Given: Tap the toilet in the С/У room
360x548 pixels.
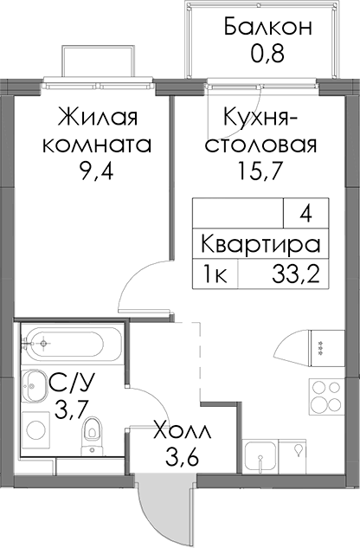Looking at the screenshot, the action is [92, 436].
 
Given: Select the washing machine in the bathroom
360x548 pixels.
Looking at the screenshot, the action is [35, 430].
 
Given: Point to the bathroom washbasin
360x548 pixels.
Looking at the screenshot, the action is [35, 386].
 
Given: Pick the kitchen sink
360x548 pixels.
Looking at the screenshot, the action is [261, 456].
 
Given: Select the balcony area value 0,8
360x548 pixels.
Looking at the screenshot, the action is [267, 54].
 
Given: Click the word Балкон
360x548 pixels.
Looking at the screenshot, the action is [268, 27].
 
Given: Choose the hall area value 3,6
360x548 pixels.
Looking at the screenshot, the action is [183, 458].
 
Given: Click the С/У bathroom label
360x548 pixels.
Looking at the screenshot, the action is [72, 383].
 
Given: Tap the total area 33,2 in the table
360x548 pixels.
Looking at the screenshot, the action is [296, 275].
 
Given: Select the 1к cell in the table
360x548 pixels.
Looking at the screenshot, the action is [215, 274].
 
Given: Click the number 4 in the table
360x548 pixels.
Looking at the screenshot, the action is [305, 214].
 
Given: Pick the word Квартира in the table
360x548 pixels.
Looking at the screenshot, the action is [260, 244].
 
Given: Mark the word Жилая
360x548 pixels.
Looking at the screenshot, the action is [98, 117].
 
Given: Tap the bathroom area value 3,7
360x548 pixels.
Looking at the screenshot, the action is [71, 409].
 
